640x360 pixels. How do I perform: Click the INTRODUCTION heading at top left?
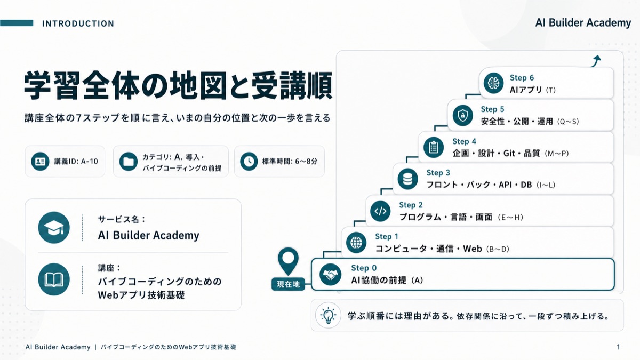[x=78, y=23]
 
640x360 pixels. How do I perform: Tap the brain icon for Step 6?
[x=493, y=83]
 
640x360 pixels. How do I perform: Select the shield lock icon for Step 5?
[x=462, y=115]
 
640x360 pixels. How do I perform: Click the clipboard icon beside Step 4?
[x=434, y=147]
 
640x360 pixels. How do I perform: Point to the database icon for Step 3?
[x=407, y=179]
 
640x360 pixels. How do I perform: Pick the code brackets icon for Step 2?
[x=380, y=211]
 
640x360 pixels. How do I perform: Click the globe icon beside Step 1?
[x=356, y=243]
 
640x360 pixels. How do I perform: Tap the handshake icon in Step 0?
[x=330, y=275]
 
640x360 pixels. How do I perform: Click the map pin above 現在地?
[x=288, y=261]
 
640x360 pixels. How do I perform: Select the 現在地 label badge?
[x=288, y=284]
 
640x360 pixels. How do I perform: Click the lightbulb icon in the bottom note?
[x=329, y=316]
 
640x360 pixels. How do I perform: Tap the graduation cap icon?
[x=54, y=228]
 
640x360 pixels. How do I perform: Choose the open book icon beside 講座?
[x=54, y=279]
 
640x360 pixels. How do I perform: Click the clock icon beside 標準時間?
[x=249, y=162]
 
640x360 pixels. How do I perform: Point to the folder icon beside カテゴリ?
[x=129, y=162]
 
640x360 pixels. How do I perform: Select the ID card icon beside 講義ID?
[x=40, y=162]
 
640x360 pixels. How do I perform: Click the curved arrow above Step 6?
[x=596, y=61]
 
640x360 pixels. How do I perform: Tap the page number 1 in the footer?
[x=618, y=347]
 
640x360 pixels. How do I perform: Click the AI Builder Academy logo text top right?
[x=583, y=23]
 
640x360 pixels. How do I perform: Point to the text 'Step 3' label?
[x=438, y=173]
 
